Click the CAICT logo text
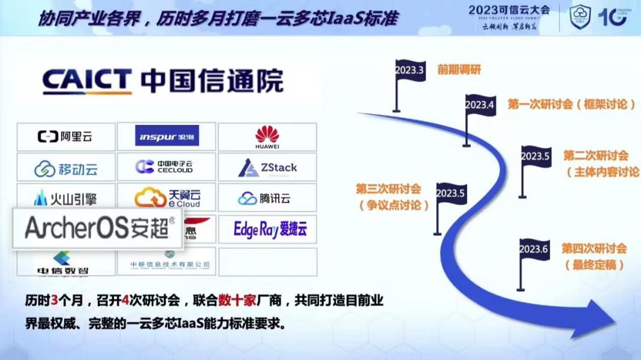point(87,82)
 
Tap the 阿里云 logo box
point(66,137)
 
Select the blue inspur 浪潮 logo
point(167,136)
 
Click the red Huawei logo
point(267,137)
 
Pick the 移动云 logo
point(66,169)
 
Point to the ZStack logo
point(267,168)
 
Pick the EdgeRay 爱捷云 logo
point(270,229)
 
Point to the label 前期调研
point(459,70)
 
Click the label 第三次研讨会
point(389,189)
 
